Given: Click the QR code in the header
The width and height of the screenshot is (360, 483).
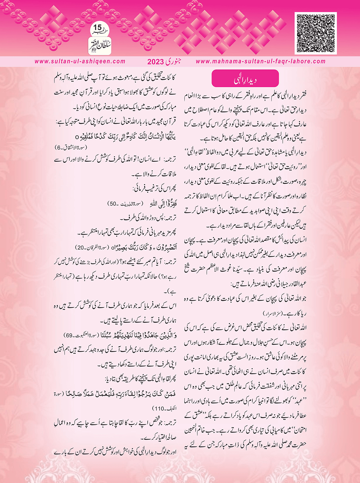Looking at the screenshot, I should [316, 33].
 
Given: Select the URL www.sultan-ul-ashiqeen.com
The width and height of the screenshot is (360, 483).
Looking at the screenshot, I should [80, 61].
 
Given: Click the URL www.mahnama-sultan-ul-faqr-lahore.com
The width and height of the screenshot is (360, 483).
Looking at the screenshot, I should [261, 61].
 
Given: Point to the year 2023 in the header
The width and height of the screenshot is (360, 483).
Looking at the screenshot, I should [155, 62].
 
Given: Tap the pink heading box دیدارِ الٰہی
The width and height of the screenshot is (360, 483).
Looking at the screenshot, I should [245, 78].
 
